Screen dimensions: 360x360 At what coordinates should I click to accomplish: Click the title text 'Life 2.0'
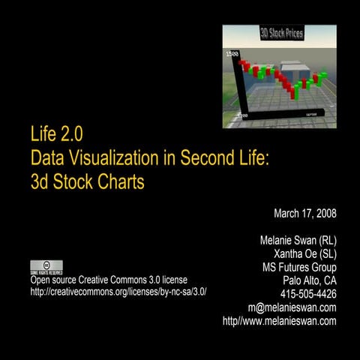55,136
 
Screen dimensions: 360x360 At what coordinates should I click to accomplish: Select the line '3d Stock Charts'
86,181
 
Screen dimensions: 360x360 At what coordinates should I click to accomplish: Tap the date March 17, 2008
304,214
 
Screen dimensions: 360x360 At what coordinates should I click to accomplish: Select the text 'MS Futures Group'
299,268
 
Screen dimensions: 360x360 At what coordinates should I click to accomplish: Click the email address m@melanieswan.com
292,307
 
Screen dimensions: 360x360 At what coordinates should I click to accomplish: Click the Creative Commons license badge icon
46,267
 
